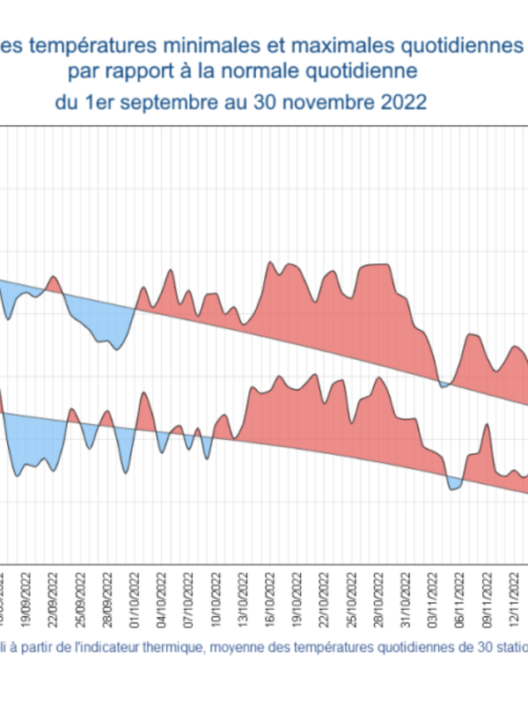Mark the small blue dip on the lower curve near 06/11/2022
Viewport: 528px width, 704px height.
(453, 483)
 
